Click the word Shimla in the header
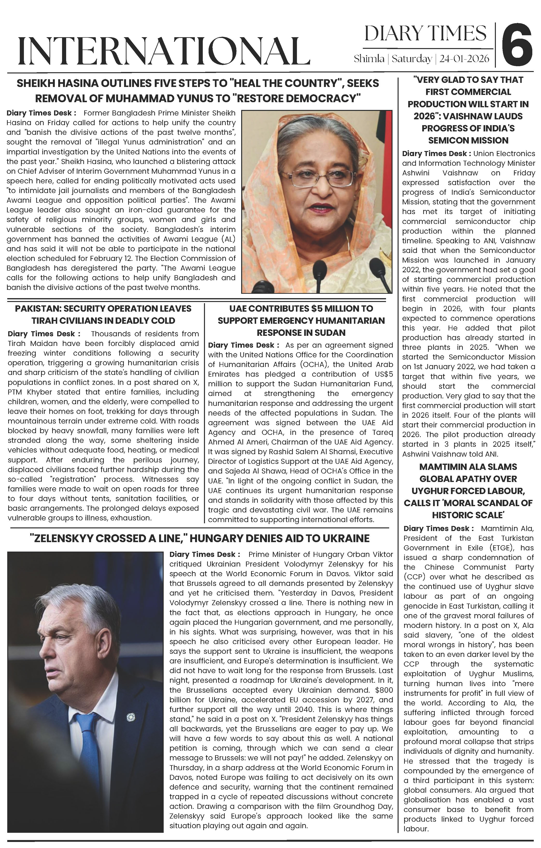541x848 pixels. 369,58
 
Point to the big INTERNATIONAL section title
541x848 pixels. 164,51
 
